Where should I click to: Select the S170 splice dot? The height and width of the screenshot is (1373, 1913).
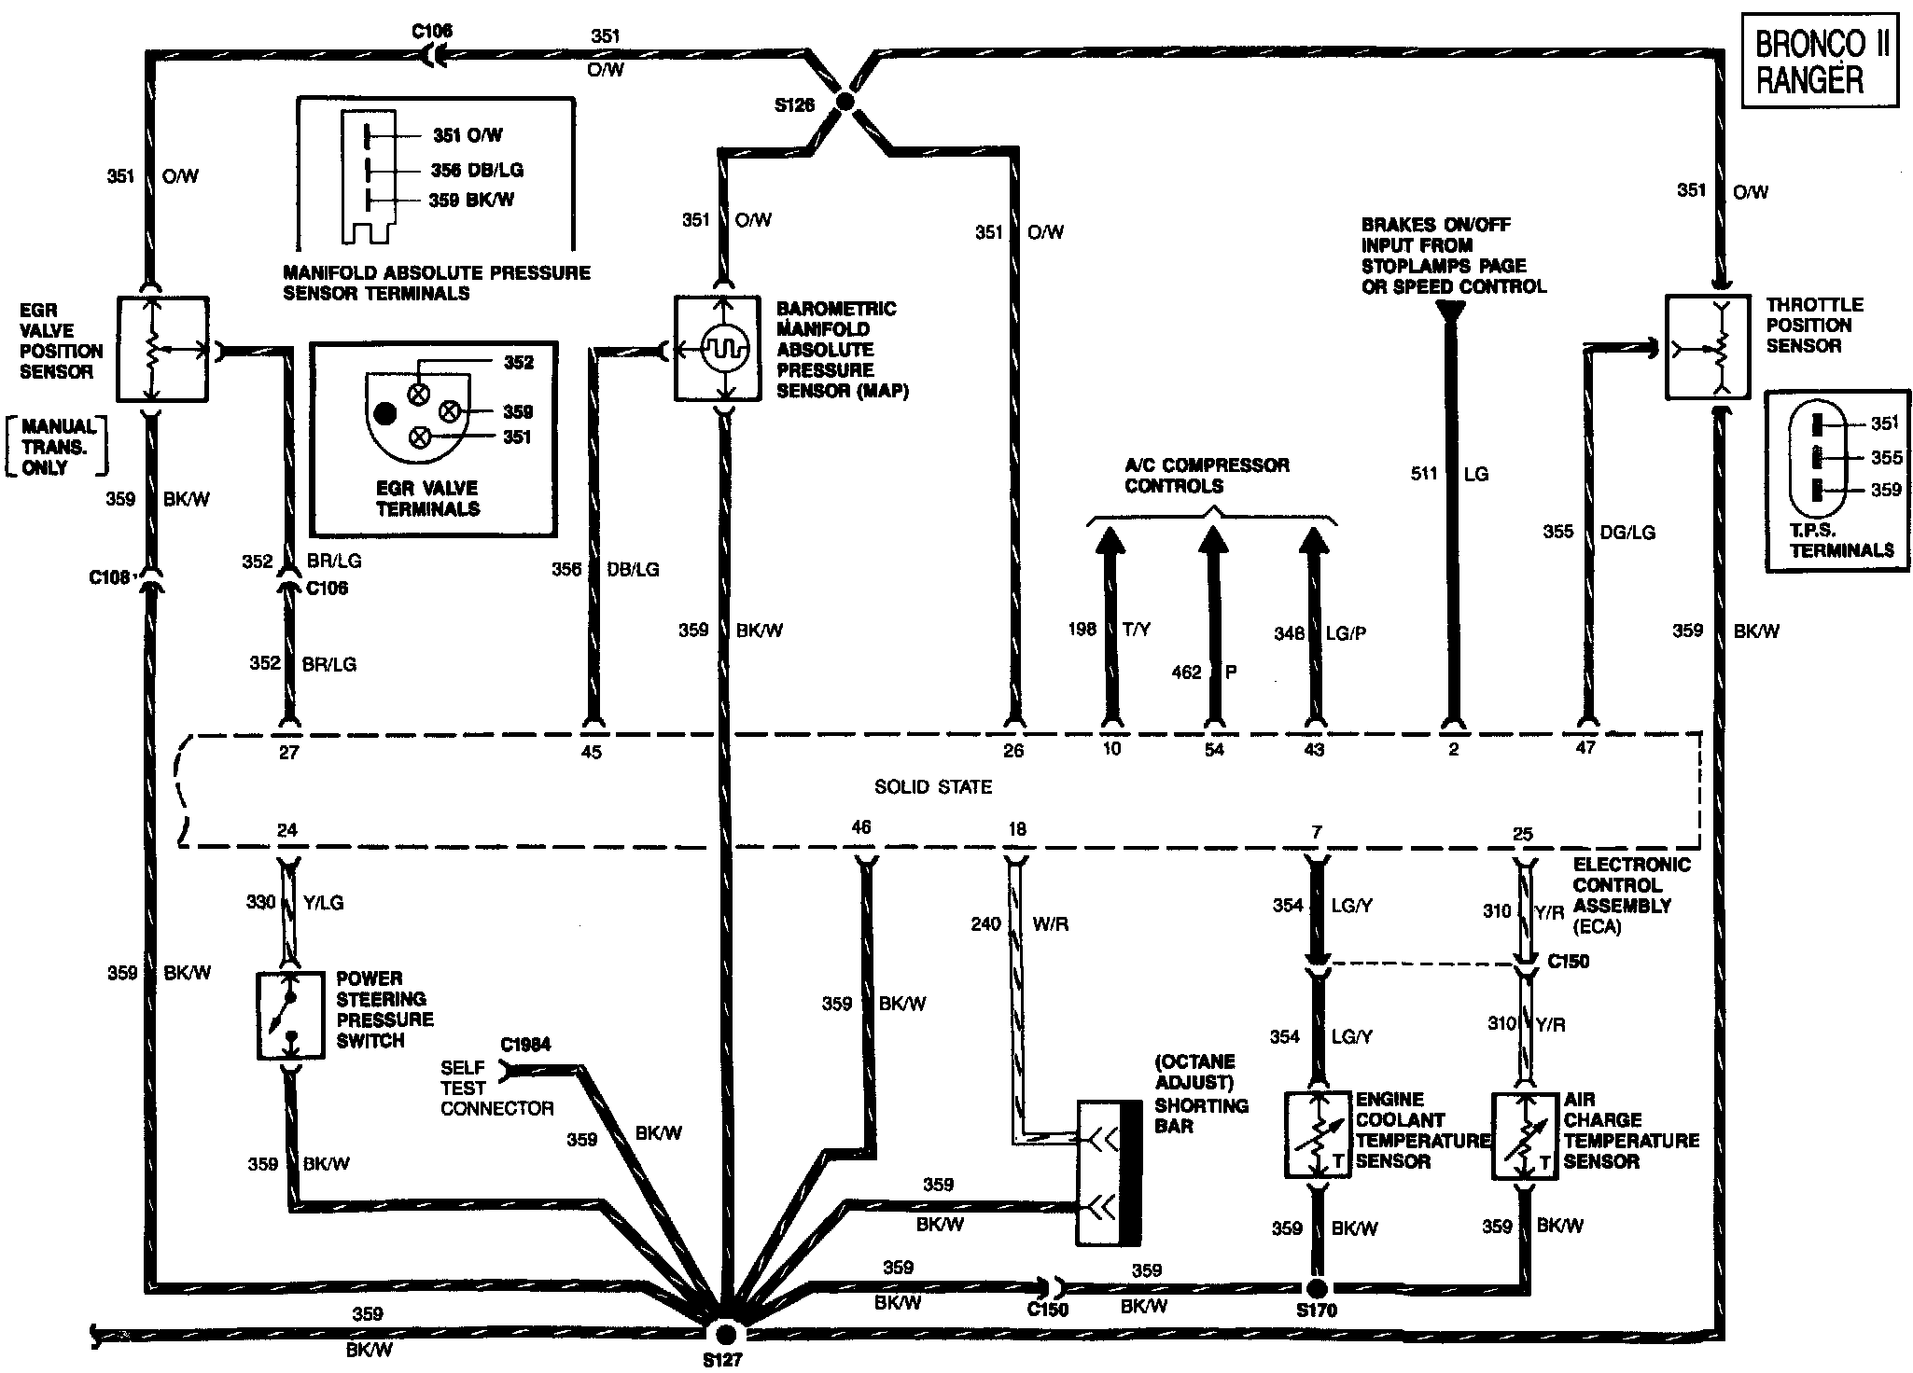[x=1316, y=1288]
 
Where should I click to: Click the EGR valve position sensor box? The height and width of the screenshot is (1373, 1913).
[x=162, y=349]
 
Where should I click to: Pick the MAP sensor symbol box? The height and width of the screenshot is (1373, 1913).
[x=724, y=349]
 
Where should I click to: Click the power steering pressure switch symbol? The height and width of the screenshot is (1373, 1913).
[x=288, y=1017]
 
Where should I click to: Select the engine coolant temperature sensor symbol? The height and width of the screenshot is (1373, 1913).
[x=1317, y=1134]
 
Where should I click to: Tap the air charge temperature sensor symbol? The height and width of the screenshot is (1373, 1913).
[x=1525, y=1134]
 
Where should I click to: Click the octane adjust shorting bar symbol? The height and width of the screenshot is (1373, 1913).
[x=1109, y=1172]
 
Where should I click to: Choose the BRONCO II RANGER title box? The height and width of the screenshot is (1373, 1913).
[x=1819, y=62]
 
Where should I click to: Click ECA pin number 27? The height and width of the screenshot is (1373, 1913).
[x=288, y=752]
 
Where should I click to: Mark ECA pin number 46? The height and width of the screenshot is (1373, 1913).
[x=860, y=827]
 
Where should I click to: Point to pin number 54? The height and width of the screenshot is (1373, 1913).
[x=1213, y=749]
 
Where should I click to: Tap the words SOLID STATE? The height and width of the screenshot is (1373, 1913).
[x=932, y=787]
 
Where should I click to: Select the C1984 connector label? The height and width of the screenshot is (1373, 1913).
[x=525, y=1045]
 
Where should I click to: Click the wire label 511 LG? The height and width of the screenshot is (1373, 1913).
[x=1449, y=474]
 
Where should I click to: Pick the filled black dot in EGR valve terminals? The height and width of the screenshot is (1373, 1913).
[x=384, y=413]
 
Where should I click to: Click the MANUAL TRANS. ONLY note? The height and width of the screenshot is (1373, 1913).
[x=55, y=447]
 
